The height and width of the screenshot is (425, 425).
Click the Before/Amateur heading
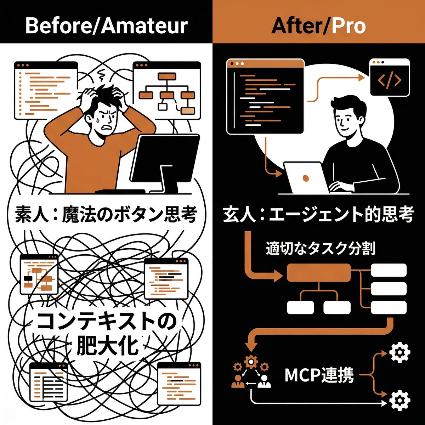pos(106,26)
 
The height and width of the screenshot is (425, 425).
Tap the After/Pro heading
pos(318,26)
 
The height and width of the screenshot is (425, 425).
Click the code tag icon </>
pos(390,80)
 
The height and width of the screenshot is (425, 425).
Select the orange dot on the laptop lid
pos(305,178)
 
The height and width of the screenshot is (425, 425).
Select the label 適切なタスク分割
pos(321,249)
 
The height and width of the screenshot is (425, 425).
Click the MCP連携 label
pos(319,375)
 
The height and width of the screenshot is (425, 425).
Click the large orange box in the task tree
pos(319,272)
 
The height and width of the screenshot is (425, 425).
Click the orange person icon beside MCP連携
pos(238,381)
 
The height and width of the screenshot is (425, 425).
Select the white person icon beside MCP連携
pos(264,381)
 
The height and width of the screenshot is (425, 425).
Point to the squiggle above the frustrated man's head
pos(102,75)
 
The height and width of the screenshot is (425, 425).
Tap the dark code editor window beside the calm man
pos(265,96)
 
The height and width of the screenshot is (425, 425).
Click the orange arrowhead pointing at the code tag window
pos(361,78)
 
